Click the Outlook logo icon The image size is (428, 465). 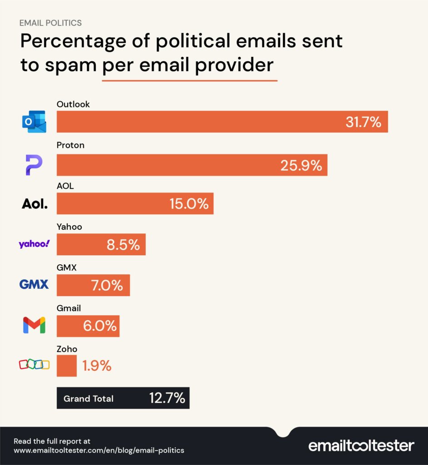34,122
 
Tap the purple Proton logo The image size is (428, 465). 34,165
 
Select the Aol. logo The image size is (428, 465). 35,204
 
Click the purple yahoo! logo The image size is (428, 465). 34,244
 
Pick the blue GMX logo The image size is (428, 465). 34,285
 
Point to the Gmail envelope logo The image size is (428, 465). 34,325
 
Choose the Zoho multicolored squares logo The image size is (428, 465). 34,365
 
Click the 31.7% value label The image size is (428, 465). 363,122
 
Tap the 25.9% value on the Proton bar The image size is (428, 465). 301,165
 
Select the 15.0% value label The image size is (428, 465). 189,204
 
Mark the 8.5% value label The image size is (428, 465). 123,245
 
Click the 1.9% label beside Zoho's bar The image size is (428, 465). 97,366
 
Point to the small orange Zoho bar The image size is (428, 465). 66,366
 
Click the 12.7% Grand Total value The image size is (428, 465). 167,398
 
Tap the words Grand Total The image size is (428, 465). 89,399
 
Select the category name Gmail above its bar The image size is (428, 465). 69,308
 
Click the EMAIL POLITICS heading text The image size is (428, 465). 50,23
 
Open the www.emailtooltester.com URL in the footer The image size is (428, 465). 99,450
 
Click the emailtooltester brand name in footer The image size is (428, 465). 361,445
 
